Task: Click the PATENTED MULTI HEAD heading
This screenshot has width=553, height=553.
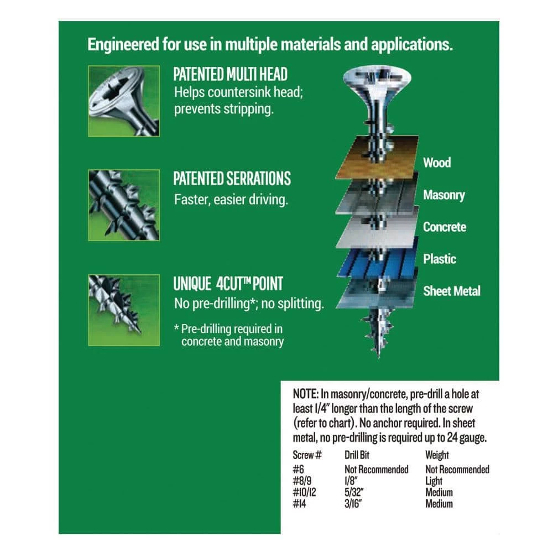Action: (230, 75)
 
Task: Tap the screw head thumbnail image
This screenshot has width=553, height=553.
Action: (123, 101)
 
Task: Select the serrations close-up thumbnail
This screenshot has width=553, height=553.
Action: (123, 205)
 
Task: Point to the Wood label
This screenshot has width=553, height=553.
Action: (437, 163)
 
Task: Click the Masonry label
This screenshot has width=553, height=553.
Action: (444, 195)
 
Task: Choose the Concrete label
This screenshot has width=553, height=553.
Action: (445, 227)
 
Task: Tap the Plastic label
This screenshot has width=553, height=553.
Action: (440, 259)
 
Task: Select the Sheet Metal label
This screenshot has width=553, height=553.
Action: (452, 291)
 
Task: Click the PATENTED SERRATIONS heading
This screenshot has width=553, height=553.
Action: (232, 179)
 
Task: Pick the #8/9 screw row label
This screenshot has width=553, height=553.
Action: (302, 481)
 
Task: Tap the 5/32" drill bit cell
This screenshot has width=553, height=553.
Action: (352, 492)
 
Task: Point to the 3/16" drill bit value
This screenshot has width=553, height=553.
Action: (352, 504)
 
